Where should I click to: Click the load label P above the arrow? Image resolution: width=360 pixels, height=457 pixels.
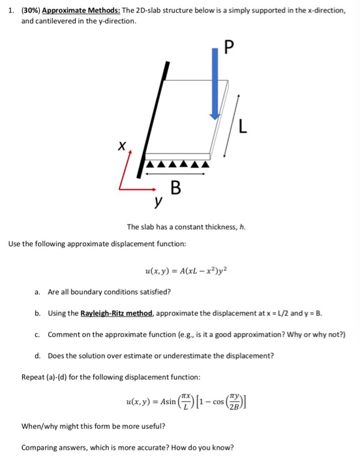227,47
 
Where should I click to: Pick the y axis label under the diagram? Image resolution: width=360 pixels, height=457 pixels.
157,203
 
